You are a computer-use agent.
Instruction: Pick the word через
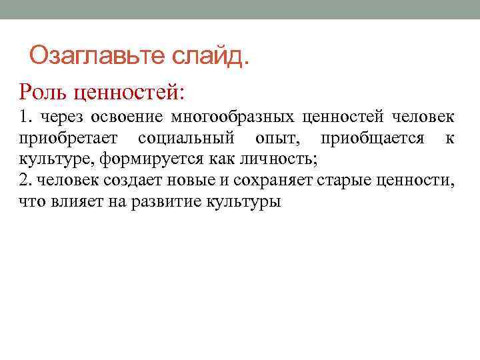pyautogui.click(x=59, y=118)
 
